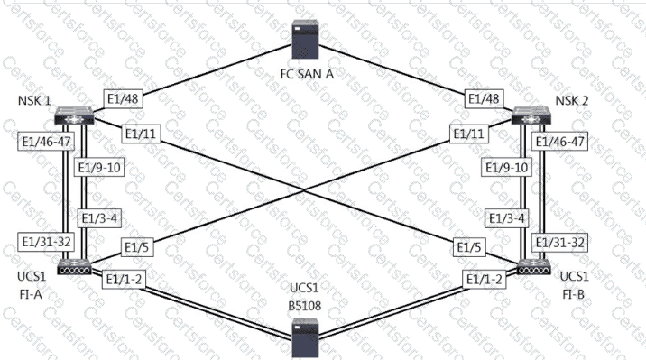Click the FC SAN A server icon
point(305,41)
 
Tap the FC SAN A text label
point(307,74)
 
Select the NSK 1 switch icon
point(74,115)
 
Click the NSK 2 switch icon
point(531,115)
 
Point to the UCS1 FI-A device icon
point(74,267)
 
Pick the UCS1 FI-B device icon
point(534,267)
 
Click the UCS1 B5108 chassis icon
point(305,338)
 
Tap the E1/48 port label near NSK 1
point(123,99)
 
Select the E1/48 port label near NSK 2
point(484,99)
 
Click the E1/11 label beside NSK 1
point(141,134)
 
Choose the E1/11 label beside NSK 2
point(469,134)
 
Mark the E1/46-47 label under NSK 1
point(46,142)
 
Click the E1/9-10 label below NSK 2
point(506,168)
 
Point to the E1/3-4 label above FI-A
point(100,218)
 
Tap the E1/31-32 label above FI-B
point(560,242)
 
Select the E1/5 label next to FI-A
point(136,247)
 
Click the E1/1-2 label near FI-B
point(484,280)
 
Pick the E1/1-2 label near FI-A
point(124,280)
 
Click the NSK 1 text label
point(34,100)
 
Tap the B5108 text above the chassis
point(304,306)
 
